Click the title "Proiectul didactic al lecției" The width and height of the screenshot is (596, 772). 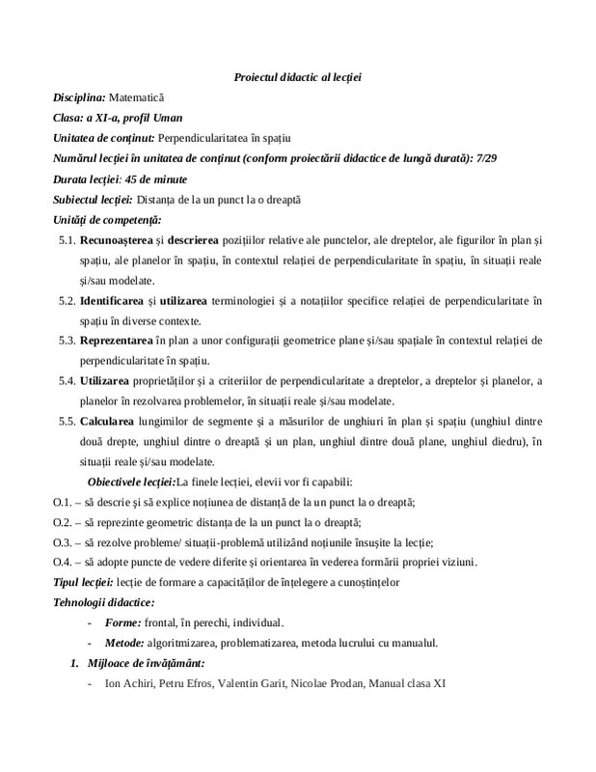coord(297,76)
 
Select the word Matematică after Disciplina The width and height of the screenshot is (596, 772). coord(137,97)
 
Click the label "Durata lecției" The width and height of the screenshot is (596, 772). coord(87,179)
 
